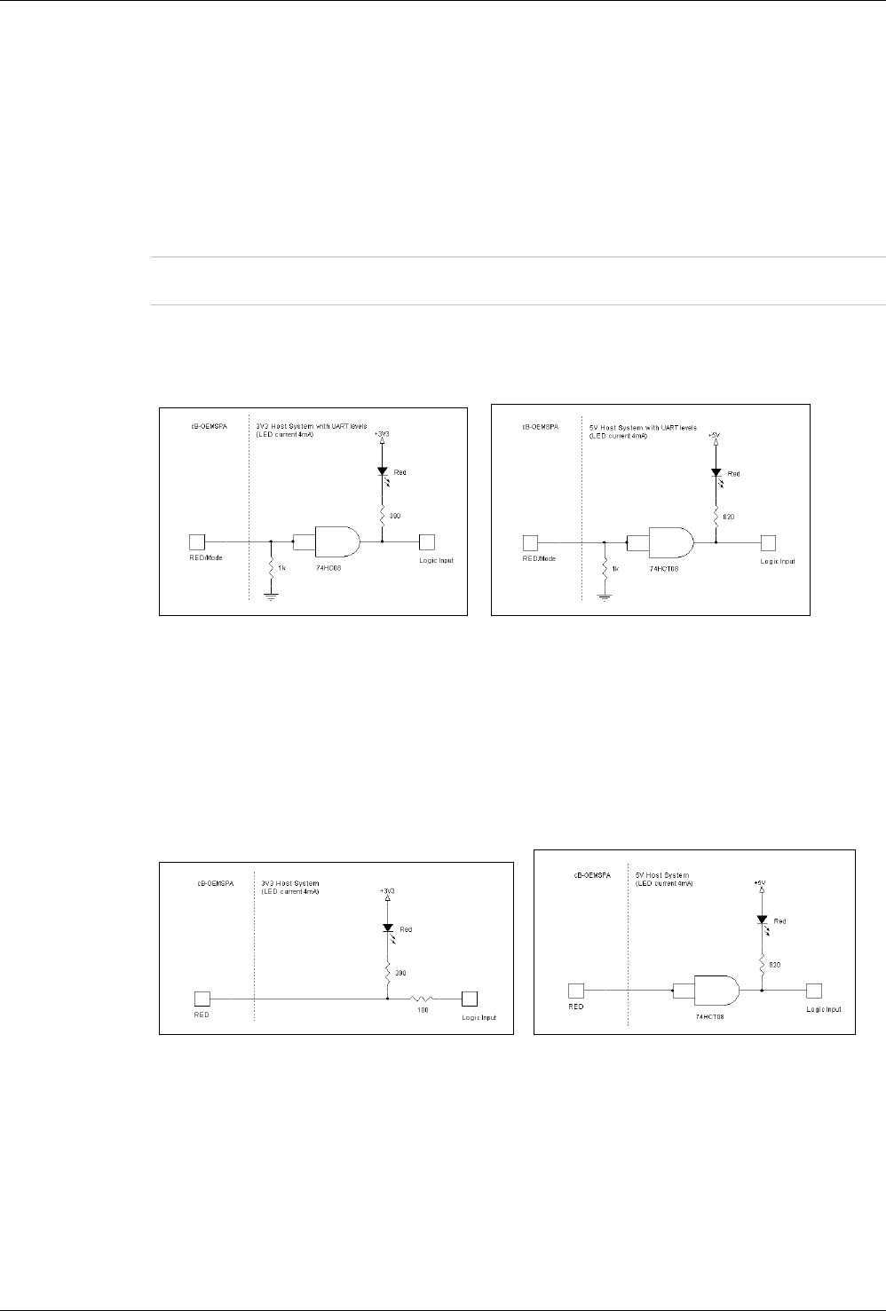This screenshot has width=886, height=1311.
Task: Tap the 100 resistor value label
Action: (x=423, y=1010)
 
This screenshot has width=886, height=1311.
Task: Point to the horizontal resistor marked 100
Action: (x=423, y=999)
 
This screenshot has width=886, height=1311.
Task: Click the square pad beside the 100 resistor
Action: (x=469, y=999)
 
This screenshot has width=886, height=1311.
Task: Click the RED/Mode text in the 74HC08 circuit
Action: (x=202, y=560)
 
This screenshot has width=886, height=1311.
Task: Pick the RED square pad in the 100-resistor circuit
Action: (x=202, y=999)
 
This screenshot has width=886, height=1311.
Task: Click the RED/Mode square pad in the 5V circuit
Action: (x=531, y=541)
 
